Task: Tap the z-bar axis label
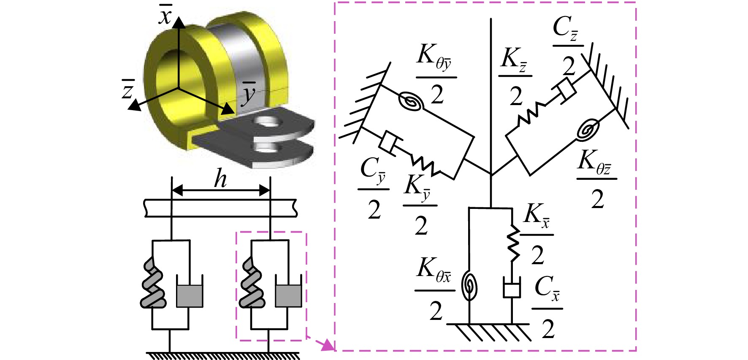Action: click(127, 89)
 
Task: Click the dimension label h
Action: click(220, 179)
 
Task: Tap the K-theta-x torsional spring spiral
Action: click(469, 286)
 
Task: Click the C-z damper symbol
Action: click(564, 90)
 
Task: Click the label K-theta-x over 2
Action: click(435, 290)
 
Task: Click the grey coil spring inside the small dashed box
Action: click(252, 282)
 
